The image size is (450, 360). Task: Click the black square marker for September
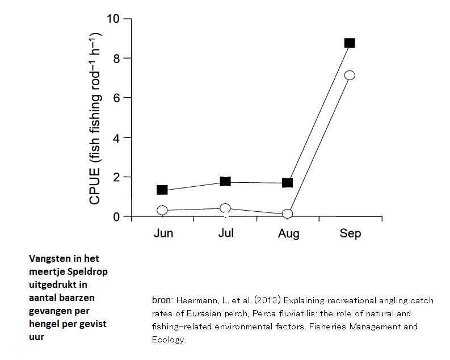(350, 43)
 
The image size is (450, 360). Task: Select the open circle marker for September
(350, 75)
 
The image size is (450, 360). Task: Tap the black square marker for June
(162, 190)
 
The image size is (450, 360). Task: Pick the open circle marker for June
(162, 210)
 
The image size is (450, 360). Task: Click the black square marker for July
(225, 182)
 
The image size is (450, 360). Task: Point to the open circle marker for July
(225, 208)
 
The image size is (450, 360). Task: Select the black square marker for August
(287, 183)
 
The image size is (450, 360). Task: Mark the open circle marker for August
(287, 214)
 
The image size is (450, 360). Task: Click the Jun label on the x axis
(163, 234)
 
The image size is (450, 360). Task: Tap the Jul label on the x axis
(226, 233)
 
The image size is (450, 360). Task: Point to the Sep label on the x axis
(350, 234)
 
